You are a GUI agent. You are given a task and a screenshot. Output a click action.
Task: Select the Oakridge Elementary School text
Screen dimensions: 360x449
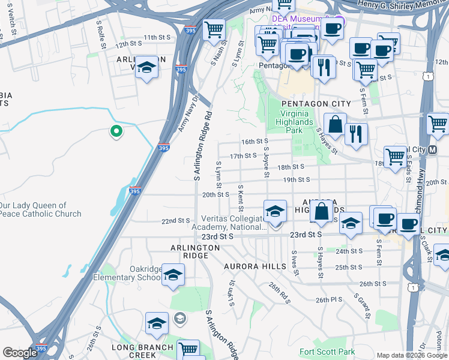[x=127, y=273]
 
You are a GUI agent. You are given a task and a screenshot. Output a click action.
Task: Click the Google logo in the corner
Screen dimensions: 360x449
[x=20, y=353]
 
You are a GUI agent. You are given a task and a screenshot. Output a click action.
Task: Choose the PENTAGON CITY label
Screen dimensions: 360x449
[x=316, y=104]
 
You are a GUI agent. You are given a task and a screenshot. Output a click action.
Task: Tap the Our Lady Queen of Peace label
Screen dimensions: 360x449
[x=40, y=209]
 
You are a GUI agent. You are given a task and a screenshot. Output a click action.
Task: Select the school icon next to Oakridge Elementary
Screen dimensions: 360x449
[x=173, y=275]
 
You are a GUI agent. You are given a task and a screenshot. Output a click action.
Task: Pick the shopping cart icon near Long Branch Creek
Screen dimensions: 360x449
[x=188, y=349]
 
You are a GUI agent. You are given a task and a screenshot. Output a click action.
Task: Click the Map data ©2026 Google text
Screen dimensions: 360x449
[x=412, y=355]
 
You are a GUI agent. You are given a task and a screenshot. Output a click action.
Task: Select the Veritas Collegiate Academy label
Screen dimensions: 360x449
[x=229, y=223]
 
